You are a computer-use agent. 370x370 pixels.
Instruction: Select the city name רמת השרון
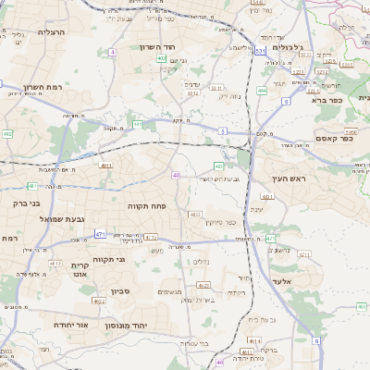[42, 88]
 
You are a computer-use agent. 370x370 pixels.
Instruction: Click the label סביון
[121, 291]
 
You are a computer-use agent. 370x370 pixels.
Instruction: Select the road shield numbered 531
[261, 51]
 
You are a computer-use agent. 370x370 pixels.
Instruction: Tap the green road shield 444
[263, 91]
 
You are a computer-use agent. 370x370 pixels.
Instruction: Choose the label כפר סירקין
[217, 222]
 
